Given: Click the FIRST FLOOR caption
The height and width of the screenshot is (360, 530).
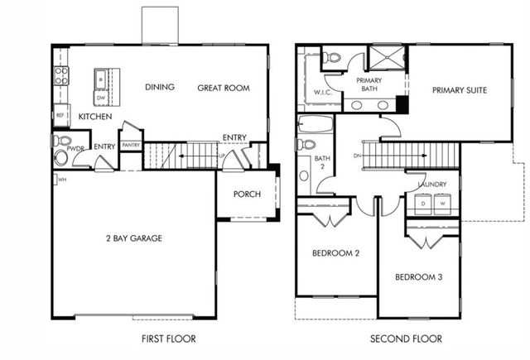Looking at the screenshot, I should tap(168, 338).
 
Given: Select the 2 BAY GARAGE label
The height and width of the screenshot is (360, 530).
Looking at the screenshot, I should tap(133, 238).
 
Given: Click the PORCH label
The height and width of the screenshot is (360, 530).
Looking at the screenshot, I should tap(247, 194).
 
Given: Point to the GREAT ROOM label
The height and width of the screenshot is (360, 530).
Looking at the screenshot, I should tap(224, 88).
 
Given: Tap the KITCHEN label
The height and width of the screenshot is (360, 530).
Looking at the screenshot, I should tap(95, 118).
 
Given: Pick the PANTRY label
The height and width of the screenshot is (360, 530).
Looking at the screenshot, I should tap(130, 146).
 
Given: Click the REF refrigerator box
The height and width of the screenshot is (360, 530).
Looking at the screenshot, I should tap(60, 115).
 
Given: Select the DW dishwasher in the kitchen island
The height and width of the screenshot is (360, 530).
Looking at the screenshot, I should tap(100, 97).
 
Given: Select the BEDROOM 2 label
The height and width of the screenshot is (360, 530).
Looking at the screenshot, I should tap(335, 253).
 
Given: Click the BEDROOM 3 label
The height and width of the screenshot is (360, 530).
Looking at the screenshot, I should tap(418, 276).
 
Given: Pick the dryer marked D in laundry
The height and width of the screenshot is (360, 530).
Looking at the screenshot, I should tap(423, 203).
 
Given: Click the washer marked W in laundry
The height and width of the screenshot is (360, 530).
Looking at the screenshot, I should tap(441, 203).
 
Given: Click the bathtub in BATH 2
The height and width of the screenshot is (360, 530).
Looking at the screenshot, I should tap(315, 126).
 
